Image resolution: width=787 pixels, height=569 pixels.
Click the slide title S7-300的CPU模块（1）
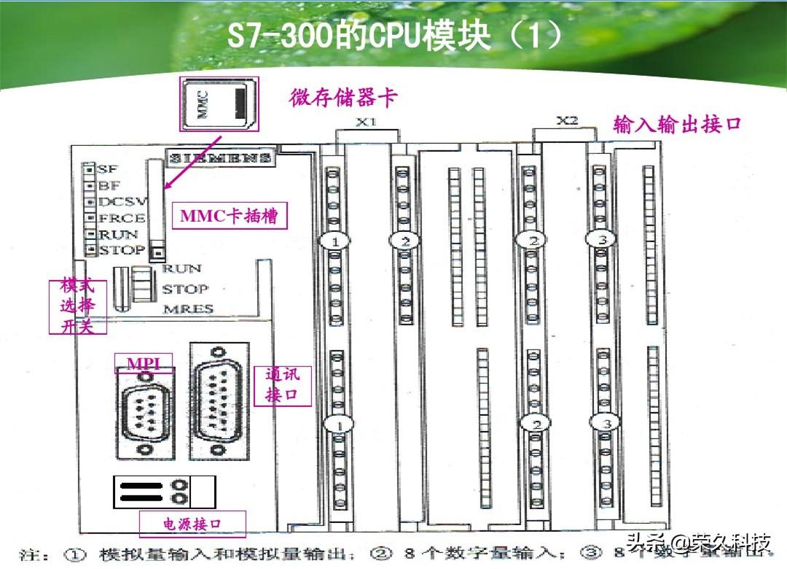[394, 36]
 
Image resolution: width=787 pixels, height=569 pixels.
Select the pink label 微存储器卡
[344, 98]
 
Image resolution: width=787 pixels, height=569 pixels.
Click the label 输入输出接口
[677, 124]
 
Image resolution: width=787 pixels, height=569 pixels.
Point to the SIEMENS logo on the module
[221, 158]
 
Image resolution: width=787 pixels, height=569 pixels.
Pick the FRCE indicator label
[121, 217]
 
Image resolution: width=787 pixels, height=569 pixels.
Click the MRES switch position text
[188, 308]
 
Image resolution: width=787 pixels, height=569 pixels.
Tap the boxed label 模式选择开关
[78, 306]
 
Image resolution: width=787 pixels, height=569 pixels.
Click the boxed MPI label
[144, 363]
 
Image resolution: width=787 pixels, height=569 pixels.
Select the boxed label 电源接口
[192, 523]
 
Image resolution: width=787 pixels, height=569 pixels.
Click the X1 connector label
[366, 122]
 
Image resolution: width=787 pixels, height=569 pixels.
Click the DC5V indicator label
[122, 201]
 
